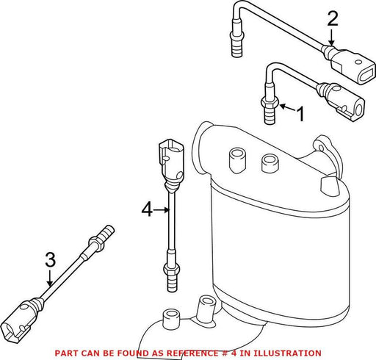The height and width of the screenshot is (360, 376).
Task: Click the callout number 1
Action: click(300, 114)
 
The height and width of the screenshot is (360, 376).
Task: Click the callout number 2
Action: click(333, 18)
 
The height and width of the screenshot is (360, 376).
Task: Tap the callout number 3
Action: click(51, 259)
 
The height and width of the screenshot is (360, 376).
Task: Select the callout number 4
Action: click(147, 209)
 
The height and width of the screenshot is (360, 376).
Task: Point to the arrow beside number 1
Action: click(288, 108)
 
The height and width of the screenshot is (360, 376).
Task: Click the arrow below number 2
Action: click(331, 37)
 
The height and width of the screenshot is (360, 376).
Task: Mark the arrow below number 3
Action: click(50, 278)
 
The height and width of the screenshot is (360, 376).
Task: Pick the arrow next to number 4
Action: click(162, 210)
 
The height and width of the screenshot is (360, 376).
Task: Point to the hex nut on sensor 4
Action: click(171, 269)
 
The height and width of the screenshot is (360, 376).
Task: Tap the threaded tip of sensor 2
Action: click(236, 49)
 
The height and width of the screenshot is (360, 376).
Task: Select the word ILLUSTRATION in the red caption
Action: click(287, 353)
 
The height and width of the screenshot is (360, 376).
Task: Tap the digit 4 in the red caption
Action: click(234, 353)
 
